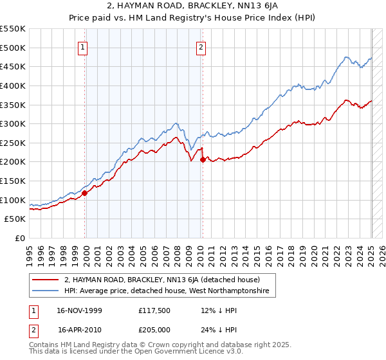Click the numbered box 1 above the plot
point(84,46)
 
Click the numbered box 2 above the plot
point(201,46)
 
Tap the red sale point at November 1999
point(84,192)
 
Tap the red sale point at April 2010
point(203,159)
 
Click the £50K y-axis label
point(15,219)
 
